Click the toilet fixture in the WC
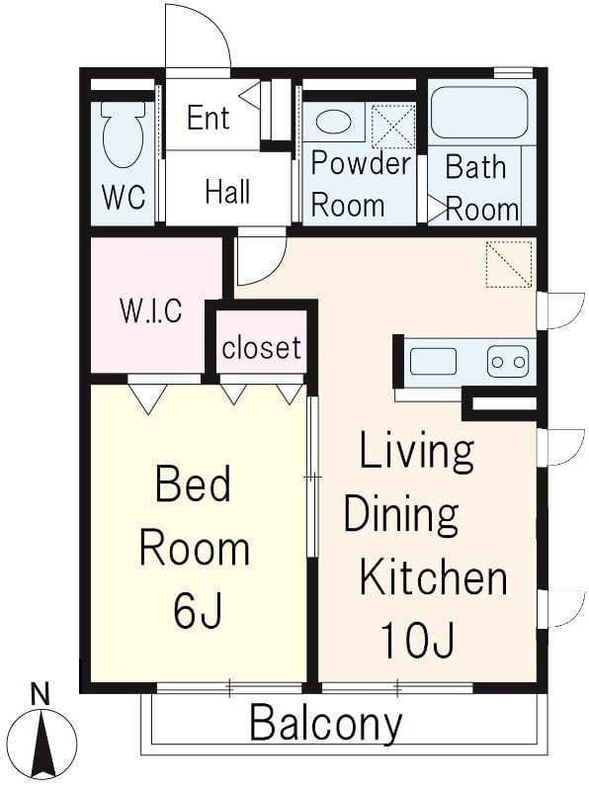pyautogui.click(x=124, y=134)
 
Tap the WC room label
pyautogui.click(x=125, y=197)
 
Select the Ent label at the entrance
pyautogui.click(x=209, y=118)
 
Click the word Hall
pyautogui.click(x=228, y=192)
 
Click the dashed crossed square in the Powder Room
pyautogui.click(x=393, y=126)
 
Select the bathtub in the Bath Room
pyautogui.click(x=479, y=113)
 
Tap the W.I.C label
pyautogui.click(x=151, y=310)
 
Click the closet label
pyautogui.click(x=262, y=348)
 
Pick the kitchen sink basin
pyautogui.click(x=433, y=362)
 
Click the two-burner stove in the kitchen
pyautogui.click(x=508, y=362)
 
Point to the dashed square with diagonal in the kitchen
pyautogui.click(x=509, y=264)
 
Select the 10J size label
pyautogui.click(x=418, y=640)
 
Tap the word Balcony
pyautogui.click(x=326, y=725)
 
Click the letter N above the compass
pyautogui.click(x=40, y=695)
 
